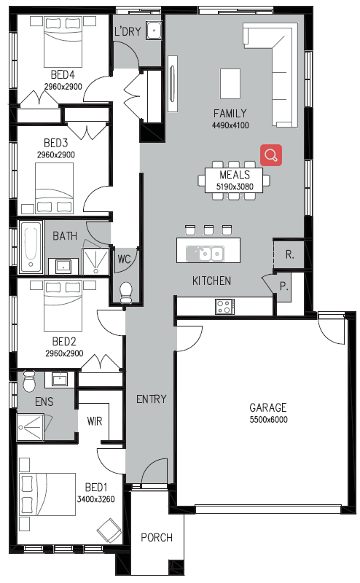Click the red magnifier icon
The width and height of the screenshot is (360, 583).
pyautogui.click(x=271, y=155)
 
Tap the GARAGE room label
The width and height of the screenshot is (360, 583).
pyautogui.click(x=267, y=407)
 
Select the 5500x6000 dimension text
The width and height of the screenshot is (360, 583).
pyautogui.click(x=268, y=420)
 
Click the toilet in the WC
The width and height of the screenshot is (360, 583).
pyautogui.click(x=126, y=293)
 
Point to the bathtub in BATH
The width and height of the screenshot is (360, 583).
pyautogui.click(x=31, y=247)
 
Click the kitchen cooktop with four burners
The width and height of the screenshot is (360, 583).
pyautogui.click(x=224, y=307)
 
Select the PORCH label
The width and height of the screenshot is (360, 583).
pyautogui.click(x=157, y=537)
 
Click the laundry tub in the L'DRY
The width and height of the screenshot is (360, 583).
pyautogui.click(x=153, y=31)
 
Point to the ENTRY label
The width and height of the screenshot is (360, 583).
pyautogui.click(x=151, y=399)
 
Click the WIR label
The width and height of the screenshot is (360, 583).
pyautogui.click(x=95, y=421)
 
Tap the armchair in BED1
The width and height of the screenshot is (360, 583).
pyautogui.click(x=109, y=530)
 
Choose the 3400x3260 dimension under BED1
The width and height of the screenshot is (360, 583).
pyautogui.click(x=95, y=499)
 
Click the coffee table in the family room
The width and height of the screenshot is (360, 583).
pyautogui.click(x=230, y=83)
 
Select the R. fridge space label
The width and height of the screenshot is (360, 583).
pyautogui.click(x=290, y=254)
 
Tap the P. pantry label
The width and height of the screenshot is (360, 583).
pyautogui.click(x=283, y=286)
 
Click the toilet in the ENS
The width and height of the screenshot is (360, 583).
pyautogui.click(x=28, y=381)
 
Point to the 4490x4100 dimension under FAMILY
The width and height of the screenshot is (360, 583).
pyautogui.click(x=230, y=125)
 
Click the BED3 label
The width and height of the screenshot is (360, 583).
pyautogui.click(x=56, y=143)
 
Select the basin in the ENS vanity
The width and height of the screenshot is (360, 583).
pyautogui.click(x=60, y=380)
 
